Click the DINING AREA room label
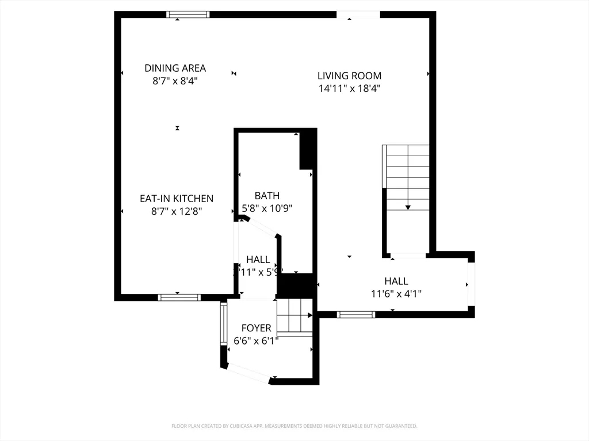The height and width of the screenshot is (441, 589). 175,68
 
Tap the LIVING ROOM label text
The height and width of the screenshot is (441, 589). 349,75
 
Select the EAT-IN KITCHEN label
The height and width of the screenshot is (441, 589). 177,199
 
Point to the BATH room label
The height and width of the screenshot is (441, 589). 267,196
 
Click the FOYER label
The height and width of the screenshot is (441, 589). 256,328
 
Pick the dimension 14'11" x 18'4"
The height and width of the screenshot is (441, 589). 349,88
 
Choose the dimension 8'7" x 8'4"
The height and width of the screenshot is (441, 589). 175,82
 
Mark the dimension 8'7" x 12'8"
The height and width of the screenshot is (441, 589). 177,211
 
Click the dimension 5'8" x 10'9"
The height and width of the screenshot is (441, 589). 267,208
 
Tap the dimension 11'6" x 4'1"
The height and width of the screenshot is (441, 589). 396,293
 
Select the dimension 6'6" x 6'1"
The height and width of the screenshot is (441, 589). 256,341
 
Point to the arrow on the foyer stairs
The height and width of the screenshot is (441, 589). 309,315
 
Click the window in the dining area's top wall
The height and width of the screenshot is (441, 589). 188,14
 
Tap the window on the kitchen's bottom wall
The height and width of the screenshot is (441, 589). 179,297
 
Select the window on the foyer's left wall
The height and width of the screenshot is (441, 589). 223,324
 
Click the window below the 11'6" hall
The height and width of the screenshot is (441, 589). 356,314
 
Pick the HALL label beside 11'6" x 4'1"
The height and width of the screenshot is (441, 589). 396,281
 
